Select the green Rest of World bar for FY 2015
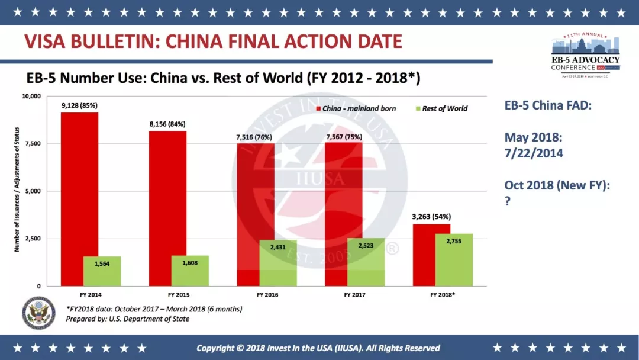[190, 271]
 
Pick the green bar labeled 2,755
[454, 260]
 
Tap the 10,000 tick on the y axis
[29, 96]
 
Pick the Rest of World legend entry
[444, 108]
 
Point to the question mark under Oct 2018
[508, 201]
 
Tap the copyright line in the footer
[318, 348]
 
